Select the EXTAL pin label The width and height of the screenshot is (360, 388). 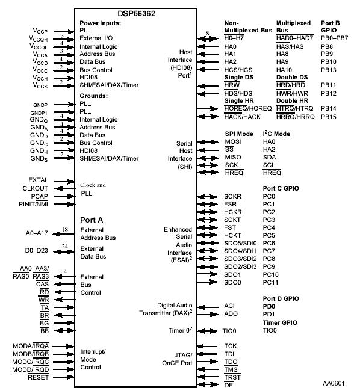point(39,180)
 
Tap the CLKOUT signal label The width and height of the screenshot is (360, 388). point(36,188)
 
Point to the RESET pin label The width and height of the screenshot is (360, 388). point(38,377)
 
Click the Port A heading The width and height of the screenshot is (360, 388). point(92,220)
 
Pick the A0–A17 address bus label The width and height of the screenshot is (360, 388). point(37,232)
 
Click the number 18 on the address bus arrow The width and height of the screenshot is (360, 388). point(64,229)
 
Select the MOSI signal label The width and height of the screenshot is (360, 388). point(232,141)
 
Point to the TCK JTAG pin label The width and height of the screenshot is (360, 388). point(231,346)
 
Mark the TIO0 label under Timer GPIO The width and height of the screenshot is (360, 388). point(270,330)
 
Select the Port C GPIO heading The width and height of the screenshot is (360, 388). point(281,188)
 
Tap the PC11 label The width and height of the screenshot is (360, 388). point(270,282)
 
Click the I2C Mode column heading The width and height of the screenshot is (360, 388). point(276,133)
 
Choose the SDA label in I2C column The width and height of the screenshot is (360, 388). point(269,157)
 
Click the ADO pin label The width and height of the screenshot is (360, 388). point(231,314)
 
